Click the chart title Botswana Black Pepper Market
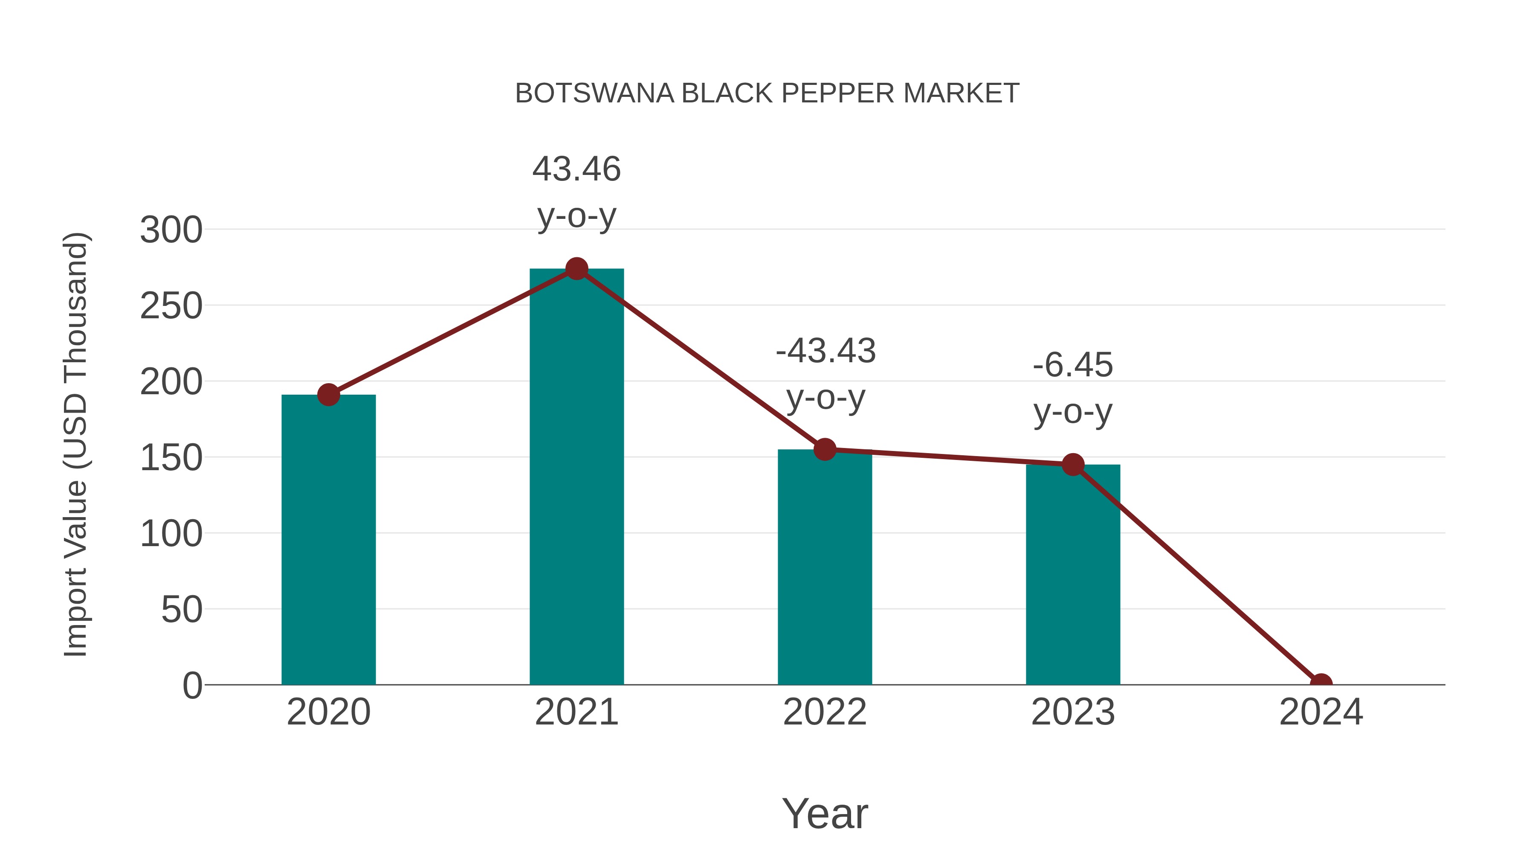coord(767,93)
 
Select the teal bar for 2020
coord(328,540)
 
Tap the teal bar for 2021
coord(576,477)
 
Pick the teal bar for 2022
coord(824,567)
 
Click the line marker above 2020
coord(328,394)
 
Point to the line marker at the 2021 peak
coord(576,269)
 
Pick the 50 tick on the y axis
coord(181,610)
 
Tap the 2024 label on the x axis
coord(1321,712)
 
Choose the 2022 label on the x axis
coord(825,712)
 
